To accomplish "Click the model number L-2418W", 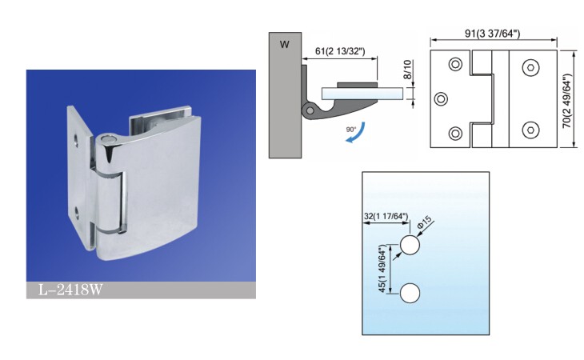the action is click(70, 290).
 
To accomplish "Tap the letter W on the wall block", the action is click(285, 45).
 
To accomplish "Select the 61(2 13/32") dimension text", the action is click(340, 51).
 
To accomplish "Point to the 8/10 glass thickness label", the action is click(407, 70).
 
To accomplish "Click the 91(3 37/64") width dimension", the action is click(492, 34).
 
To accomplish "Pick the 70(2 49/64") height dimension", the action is click(566, 101).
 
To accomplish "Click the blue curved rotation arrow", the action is click(356, 133).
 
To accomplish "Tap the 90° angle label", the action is click(351, 129).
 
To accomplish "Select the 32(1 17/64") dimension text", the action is click(386, 216).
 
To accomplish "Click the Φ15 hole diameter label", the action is click(425, 222).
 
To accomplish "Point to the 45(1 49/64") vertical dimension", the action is click(382, 269).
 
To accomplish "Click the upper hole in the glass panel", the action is click(410, 245).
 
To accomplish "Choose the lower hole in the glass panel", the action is click(410, 293).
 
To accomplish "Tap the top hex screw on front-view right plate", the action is click(530, 68).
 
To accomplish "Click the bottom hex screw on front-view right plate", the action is click(530, 130).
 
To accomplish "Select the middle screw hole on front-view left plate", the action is click(441, 99).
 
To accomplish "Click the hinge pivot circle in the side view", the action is click(309, 110).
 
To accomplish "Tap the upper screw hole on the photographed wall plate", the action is click(76, 141).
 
